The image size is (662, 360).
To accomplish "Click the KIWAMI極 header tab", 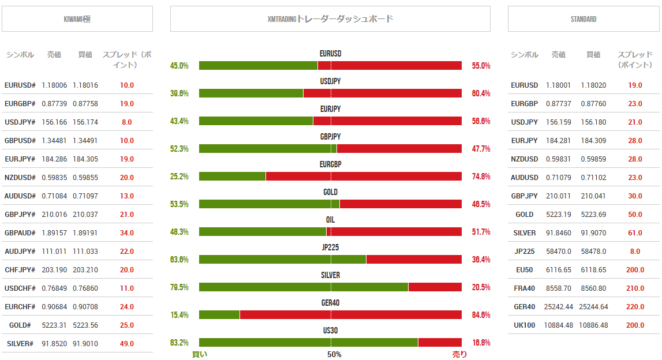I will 77,19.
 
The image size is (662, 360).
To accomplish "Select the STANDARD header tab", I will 584,19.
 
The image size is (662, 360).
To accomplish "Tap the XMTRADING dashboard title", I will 330,19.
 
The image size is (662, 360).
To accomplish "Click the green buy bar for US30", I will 308,342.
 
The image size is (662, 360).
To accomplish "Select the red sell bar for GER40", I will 350,314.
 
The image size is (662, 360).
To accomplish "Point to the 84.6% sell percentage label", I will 481,315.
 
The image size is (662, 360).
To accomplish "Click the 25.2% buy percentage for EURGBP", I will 179,177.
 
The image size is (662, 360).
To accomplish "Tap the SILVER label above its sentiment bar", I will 330,275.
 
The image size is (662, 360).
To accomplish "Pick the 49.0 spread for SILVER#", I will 127,344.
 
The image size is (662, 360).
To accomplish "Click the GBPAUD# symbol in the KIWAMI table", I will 20,233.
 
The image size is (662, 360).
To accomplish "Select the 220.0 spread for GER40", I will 635,307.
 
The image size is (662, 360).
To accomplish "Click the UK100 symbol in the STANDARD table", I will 525,325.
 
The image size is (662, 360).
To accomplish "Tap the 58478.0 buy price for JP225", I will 593,252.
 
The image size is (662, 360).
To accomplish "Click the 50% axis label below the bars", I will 334,354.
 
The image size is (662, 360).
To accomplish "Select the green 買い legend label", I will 200,354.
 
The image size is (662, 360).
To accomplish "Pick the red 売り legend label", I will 459,354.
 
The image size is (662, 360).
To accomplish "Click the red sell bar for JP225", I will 414,259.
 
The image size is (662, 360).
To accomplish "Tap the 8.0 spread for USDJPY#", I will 127,122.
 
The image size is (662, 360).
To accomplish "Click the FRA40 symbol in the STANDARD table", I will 525,288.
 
